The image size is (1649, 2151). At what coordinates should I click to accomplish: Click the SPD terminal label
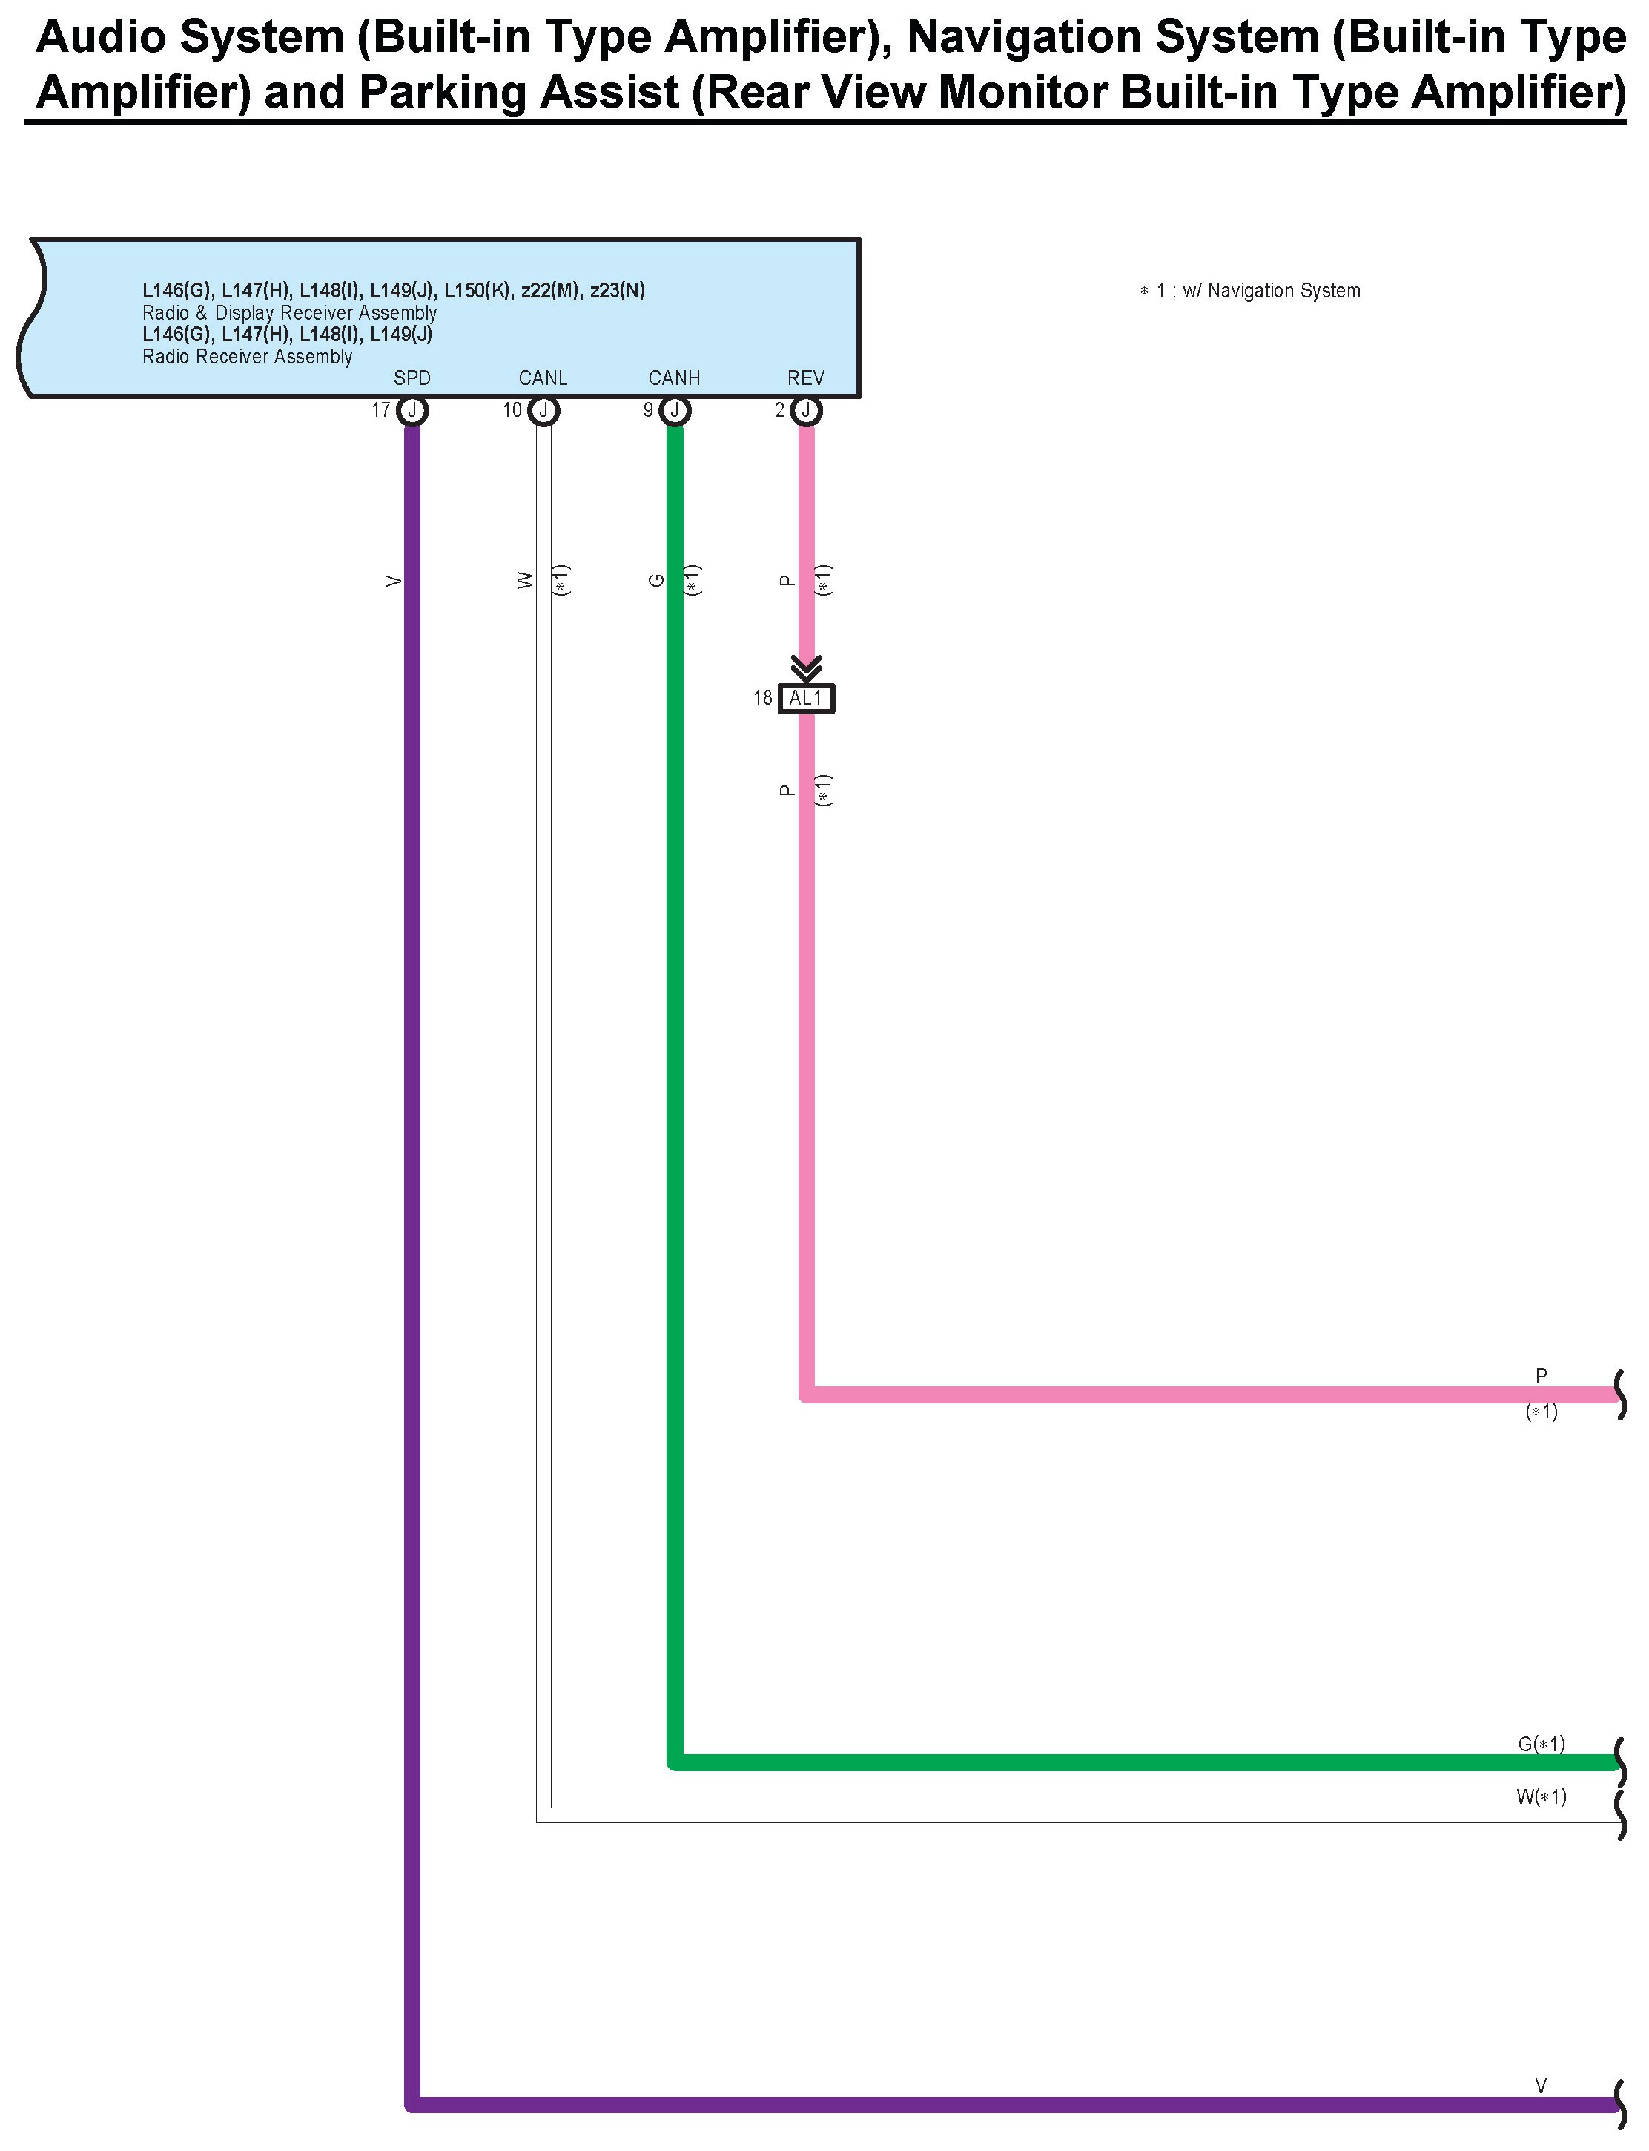click(412, 378)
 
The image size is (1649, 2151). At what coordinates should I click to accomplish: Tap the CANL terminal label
click(543, 378)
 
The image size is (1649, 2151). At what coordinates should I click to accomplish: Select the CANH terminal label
click(673, 378)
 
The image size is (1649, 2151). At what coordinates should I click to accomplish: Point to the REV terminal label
click(805, 378)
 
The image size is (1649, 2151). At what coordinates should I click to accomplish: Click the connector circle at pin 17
click(412, 410)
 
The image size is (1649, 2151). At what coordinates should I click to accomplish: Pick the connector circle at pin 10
click(543, 410)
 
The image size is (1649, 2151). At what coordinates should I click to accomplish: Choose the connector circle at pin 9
click(674, 410)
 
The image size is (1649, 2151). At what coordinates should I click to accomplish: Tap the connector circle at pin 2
click(806, 410)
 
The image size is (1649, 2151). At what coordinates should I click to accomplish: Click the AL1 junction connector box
click(806, 698)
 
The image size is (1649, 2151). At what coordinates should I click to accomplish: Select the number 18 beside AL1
click(763, 698)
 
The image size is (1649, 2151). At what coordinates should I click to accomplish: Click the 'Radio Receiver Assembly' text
click(248, 356)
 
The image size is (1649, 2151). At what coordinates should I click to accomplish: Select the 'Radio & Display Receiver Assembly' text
click(290, 312)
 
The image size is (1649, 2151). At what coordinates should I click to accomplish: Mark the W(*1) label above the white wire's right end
click(1541, 1796)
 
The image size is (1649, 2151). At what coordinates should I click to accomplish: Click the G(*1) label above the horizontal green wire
click(1541, 1744)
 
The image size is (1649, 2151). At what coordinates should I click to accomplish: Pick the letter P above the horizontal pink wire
click(1541, 1377)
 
